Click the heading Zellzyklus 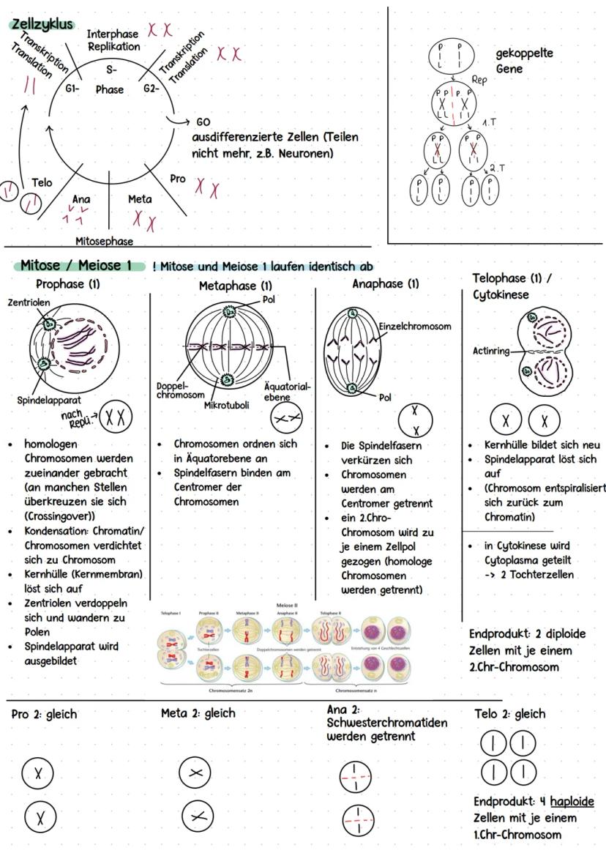tap(42, 24)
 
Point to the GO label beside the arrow tap(203, 122)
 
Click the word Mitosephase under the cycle tap(103, 240)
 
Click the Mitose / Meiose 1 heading tap(76, 265)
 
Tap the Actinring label tap(490, 351)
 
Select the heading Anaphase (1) tap(386, 283)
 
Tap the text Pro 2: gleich tap(44, 714)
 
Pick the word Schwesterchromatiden tap(387, 723)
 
